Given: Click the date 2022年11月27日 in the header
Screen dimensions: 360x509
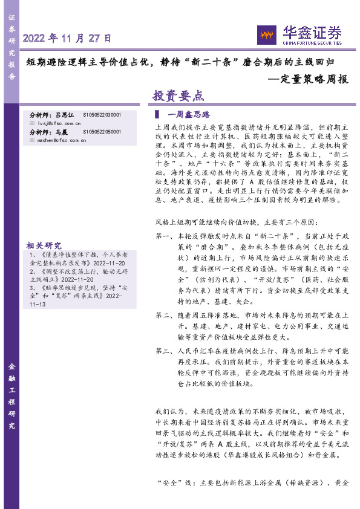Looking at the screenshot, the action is click(68, 38).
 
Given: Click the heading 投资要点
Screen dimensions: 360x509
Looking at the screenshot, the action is click(178, 96).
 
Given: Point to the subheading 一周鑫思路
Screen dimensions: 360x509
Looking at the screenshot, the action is click(188, 114).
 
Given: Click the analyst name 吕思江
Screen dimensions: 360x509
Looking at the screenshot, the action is click(64, 114).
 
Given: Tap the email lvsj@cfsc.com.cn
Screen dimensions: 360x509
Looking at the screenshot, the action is click(63, 122).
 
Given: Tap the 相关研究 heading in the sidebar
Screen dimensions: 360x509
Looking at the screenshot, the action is click(44, 245).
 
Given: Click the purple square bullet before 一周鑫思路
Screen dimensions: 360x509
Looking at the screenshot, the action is click(157, 114).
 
